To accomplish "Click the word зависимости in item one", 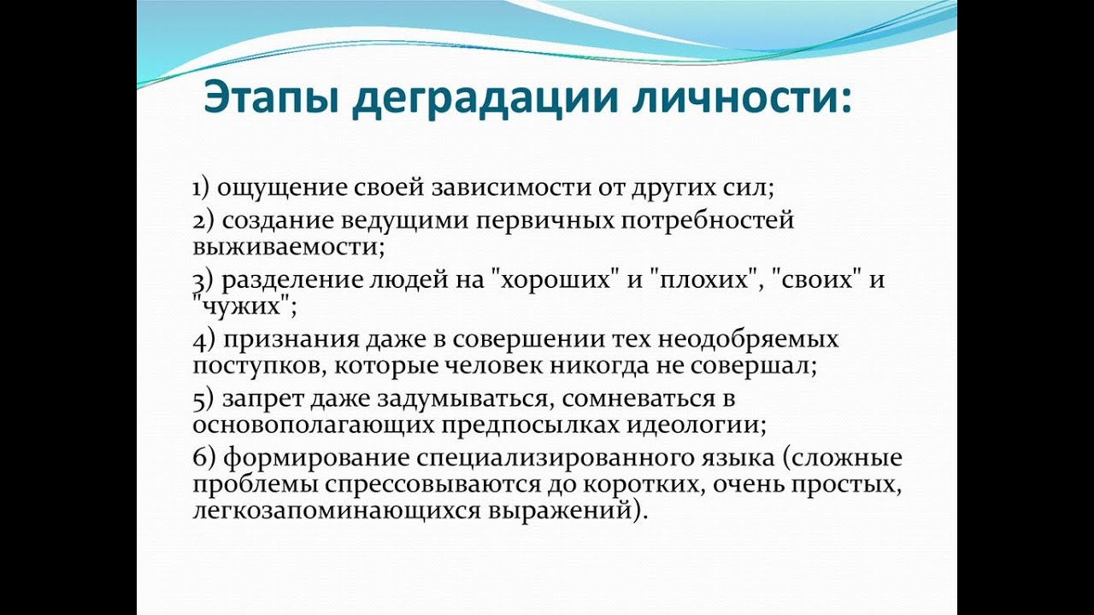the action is tap(511, 188).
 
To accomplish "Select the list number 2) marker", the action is tap(203, 221).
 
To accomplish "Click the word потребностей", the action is tap(708, 221).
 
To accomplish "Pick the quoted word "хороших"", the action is tap(550, 280).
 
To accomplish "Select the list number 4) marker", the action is tap(203, 340).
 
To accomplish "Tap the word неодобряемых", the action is tap(748, 340).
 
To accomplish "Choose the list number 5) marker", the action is tap(203, 400).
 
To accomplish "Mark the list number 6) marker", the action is tap(203, 459).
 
